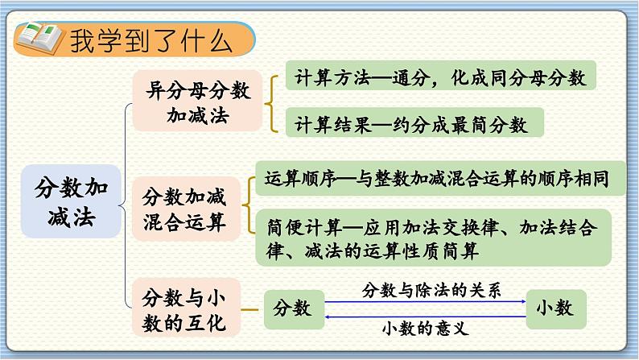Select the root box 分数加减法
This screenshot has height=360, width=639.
pos(71,202)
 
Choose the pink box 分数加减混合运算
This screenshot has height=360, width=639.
pos(184,209)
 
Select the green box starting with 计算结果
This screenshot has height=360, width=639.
pos(411,124)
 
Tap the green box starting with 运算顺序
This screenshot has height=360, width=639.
pos(439,176)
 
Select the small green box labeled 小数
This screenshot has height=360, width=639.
pos(555,308)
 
